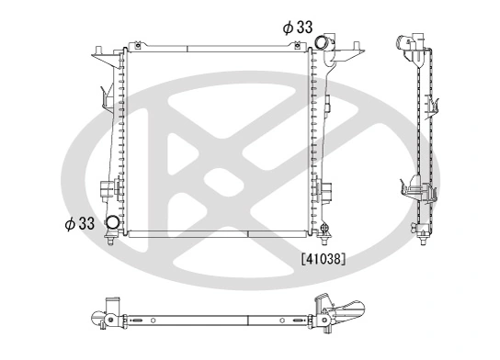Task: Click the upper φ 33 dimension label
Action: pyautogui.click(x=299, y=28)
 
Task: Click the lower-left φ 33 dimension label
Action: pyautogui.click(x=80, y=222)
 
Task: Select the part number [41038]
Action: pyautogui.click(x=323, y=259)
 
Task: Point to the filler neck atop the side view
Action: pyautogui.click(x=411, y=40)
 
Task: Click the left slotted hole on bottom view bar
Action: pyautogui.click(x=138, y=321)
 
